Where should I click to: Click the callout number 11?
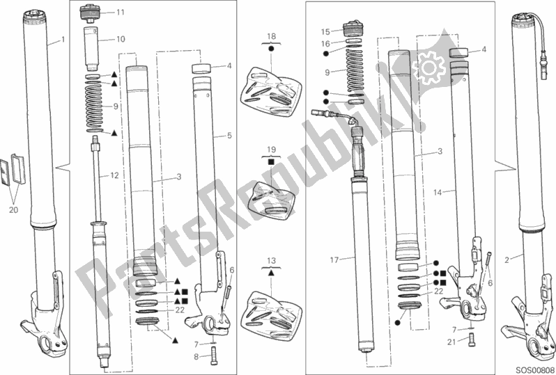point(121,13)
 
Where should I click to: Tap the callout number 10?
point(121,39)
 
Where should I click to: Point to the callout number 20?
point(13,210)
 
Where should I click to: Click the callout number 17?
point(334,260)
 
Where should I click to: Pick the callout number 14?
point(438,193)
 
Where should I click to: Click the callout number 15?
point(325,32)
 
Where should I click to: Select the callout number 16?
point(325,44)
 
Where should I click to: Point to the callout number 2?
point(507,261)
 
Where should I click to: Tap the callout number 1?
point(63,40)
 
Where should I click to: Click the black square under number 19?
point(271,162)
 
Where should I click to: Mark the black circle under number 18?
point(271,49)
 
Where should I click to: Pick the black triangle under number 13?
point(271,273)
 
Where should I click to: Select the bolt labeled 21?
point(471,339)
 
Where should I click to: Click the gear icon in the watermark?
point(428,67)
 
